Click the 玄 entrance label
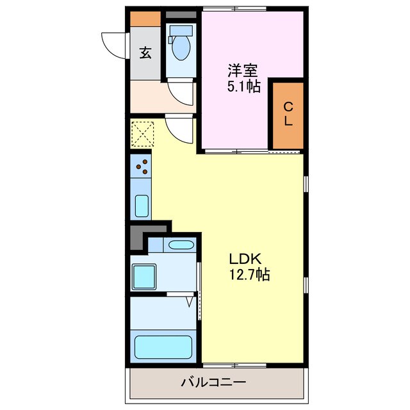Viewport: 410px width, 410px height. (145, 53)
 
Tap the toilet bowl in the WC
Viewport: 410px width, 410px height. (181, 47)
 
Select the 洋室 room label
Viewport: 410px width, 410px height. (243, 70)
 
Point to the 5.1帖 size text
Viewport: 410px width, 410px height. (243, 86)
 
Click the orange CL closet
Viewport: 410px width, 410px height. (288, 115)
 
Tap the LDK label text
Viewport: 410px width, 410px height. (245, 259)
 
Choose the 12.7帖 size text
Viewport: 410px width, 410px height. (249, 275)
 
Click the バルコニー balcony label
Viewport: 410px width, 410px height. (213, 382)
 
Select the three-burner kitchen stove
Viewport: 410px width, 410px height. (141, 166)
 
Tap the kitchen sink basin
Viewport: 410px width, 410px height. (142, 206)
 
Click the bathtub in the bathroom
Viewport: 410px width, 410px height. (163, 347)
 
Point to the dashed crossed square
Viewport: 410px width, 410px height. (142, 134)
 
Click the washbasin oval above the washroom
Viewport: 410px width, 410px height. (181, 245)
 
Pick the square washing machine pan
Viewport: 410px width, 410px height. (144, 277)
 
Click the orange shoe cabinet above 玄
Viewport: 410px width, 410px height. (145, 19)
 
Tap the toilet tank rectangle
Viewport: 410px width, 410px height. (181, 31)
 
